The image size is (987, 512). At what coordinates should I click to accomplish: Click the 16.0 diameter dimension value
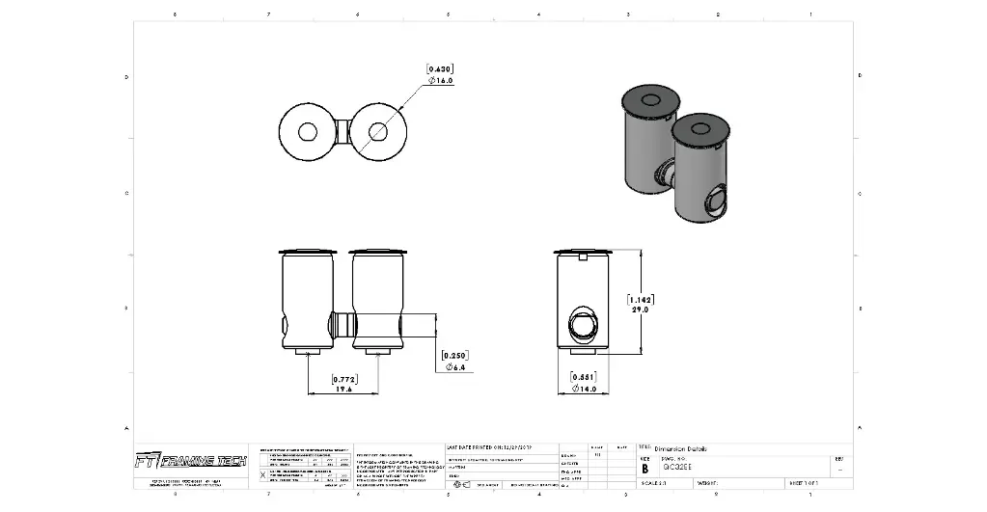(x=441, y=80)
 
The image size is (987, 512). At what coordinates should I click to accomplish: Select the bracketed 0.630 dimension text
(x=440, y=68)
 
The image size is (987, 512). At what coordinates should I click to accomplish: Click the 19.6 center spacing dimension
(x=343, y=391)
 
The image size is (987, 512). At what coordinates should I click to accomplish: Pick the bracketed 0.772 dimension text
(x=344, y=380)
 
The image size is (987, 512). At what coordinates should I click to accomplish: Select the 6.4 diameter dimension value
(x=455, y=367)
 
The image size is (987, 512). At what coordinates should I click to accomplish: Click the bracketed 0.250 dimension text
(x=454, y=356)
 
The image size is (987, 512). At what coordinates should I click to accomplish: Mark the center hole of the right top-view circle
(x=378, y=132)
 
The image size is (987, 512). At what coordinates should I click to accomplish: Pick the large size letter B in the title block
(x=645, y=469)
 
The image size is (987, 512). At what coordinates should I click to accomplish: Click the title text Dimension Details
(x=680, y=448)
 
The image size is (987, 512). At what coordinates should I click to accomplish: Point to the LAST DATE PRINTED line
(x=503, y=447)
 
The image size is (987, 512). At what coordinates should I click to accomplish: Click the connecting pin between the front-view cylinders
(x=343, y=322)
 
